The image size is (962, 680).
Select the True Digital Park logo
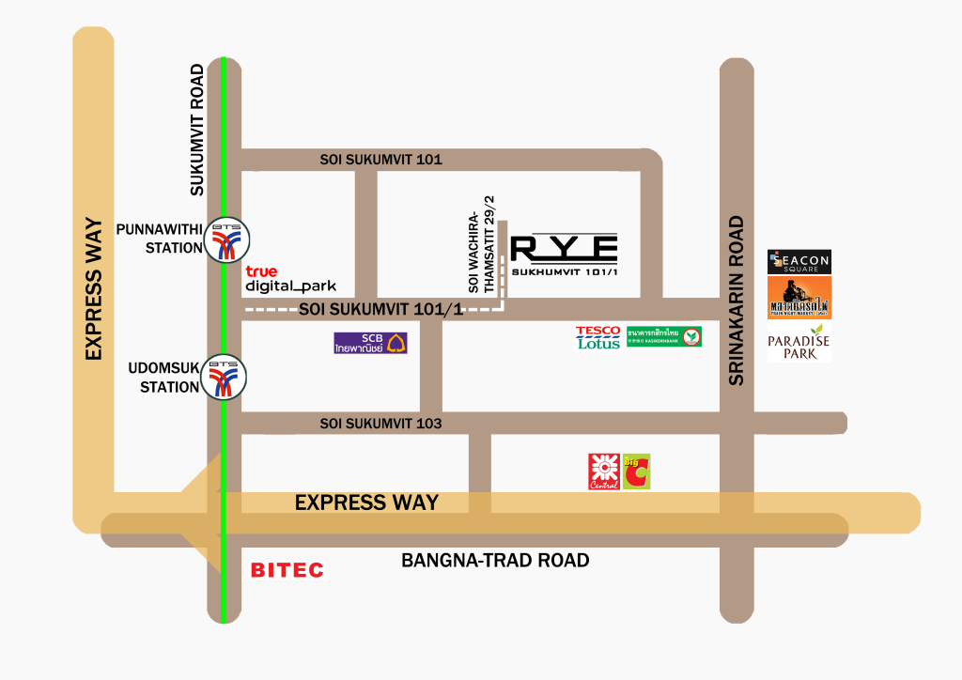pos(288,278)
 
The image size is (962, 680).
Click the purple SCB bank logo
pos(370,343)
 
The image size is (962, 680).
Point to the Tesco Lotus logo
pos(598,337)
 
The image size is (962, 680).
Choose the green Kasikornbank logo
pos(664,336)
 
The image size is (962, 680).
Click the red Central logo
pos(603,471)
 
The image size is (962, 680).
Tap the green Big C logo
pos(636,471)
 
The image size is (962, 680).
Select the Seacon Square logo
pos(799,262)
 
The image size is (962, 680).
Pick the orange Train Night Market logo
pos(799,298)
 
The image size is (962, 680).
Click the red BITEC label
pos(287,570)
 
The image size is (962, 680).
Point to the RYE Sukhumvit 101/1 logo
pos(564,255)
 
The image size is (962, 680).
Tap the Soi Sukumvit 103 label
pos(380,424)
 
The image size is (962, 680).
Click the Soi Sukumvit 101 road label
pos(380,160)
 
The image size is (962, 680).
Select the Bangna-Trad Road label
pos(495,561)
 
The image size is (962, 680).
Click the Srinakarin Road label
pos(736,301)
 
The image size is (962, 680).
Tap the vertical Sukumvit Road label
pos(197,130)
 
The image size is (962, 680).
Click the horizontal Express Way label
pos(366,502)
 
